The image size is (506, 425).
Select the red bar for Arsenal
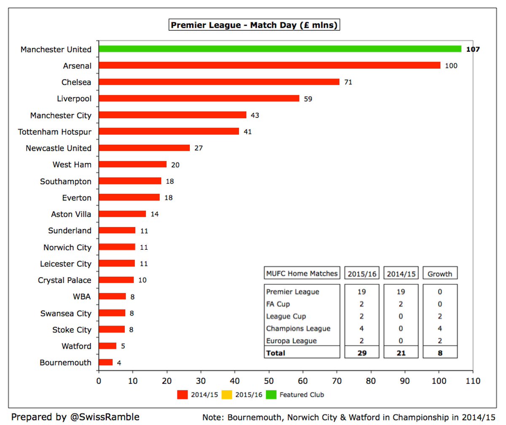pos(269,65)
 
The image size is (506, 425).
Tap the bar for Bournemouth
pos(106,362)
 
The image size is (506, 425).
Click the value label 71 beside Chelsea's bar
pos(348,82)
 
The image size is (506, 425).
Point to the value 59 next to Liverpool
pos(308,99)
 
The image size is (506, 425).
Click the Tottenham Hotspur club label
pos(55,132)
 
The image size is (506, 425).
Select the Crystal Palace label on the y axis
pos(65,280)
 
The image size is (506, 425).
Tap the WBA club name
pos(82,297)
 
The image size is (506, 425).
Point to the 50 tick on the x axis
pos(269,381)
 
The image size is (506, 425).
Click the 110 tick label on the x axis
pos(473,381)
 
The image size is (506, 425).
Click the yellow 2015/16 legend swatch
pos(227,395)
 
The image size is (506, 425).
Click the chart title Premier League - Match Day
pos(254,25)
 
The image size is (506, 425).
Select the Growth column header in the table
pos(440,274)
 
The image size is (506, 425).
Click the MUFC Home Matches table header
pos(302,273)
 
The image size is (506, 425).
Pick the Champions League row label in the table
pos(298,329)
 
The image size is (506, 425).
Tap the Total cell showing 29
pos(362,353)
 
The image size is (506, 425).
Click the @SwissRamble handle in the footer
pos(103,417)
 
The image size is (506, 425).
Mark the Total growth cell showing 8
pos(440,353)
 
